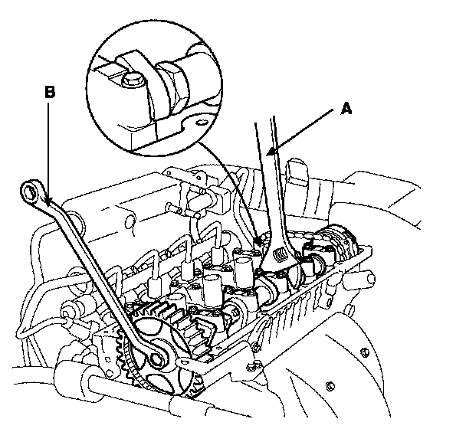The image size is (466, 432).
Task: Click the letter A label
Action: tap(346, 110)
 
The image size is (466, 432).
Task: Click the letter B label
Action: tap(50, 92)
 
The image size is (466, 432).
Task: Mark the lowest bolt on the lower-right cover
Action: tap(330, 384)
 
